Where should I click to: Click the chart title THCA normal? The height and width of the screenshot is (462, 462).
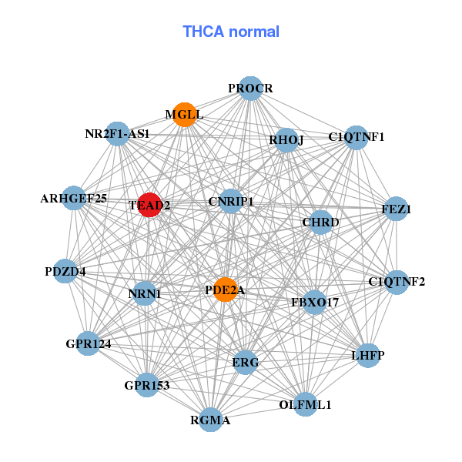[230, 32]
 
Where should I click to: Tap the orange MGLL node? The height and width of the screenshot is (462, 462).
[183, 115]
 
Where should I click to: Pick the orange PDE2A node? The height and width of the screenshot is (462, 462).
[225, 290]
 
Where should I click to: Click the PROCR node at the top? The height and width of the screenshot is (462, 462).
[250, 89]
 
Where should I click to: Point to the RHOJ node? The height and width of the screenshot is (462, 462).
[286, 140]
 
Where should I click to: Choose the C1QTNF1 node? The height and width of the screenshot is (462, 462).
[356, 138]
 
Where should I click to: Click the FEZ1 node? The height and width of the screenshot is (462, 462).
[396, 209]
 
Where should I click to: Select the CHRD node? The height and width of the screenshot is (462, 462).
[320, 223]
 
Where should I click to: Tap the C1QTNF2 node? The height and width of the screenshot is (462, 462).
[397, 282]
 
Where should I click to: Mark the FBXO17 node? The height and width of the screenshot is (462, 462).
[315, 303]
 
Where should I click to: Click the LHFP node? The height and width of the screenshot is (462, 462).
[368, 355]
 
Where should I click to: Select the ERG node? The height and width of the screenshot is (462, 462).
[245, 362]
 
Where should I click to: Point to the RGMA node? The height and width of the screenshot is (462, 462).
[210, 420]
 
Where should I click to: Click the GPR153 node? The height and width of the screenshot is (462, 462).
[146, 384]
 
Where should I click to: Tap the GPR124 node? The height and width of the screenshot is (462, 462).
[89, 343]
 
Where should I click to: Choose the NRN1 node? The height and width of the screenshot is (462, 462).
[145, 293]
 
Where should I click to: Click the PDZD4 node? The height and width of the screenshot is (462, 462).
[65, 272]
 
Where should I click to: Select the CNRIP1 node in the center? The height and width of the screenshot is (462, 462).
[230, 202]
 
